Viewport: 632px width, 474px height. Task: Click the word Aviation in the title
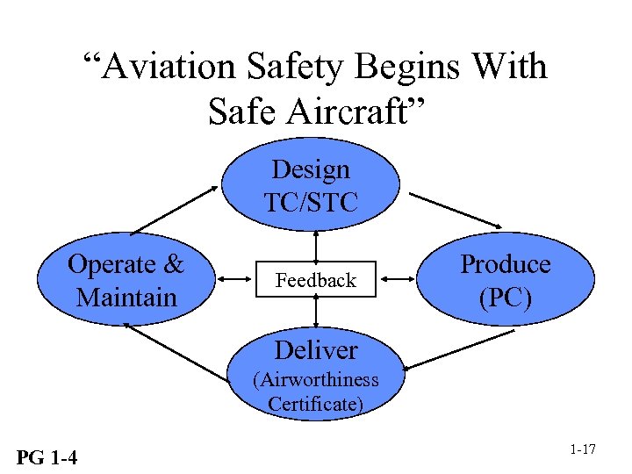tap(169, 68)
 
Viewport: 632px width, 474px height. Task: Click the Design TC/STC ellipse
tap(311, 185)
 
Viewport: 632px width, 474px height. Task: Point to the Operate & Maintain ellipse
tap(126, 280)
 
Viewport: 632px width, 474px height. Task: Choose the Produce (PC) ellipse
tap(506, 280)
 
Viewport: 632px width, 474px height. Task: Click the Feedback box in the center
tap(315, 281)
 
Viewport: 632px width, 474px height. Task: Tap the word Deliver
tap(315, 350)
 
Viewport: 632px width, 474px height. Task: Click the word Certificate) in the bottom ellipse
tap(315, 405)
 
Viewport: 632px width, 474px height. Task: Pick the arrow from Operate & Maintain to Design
tap(175, 210)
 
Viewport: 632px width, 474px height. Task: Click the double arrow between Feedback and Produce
tap(402, 280)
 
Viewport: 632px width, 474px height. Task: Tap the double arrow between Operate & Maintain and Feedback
tap(233, 280)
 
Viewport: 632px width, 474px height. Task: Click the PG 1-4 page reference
tap(46, 456)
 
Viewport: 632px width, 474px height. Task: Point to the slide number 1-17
tap(583, 449)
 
